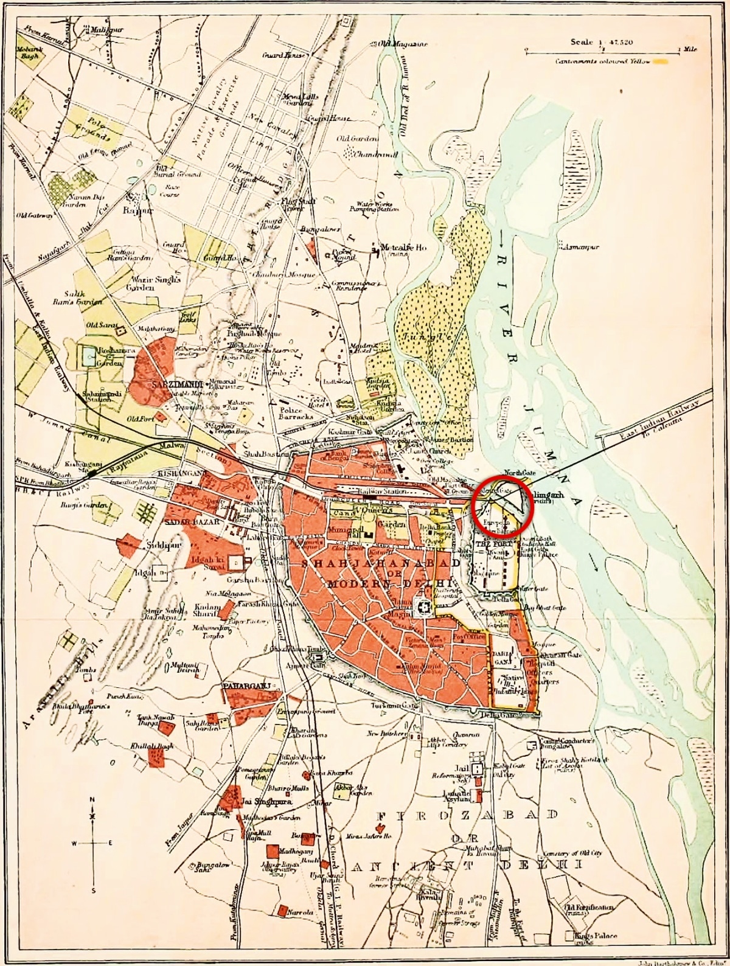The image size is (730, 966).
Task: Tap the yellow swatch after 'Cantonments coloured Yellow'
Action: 661,61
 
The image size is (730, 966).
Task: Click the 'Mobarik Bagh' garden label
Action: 27,53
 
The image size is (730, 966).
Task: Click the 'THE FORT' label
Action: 490,543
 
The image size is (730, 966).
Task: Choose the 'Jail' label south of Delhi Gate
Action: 461,768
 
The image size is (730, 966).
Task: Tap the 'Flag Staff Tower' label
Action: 292,204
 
